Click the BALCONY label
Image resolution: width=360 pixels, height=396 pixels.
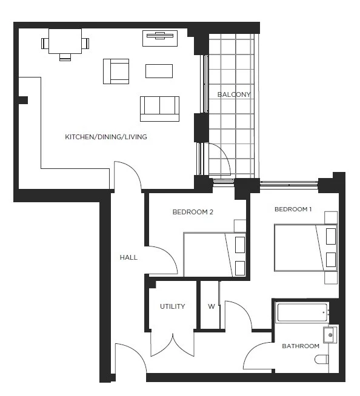[234, 94]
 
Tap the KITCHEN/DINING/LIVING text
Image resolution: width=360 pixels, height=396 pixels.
[106, 137]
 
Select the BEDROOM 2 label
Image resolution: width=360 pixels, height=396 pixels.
[193, 212]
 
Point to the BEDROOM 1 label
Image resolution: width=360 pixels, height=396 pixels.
[293, 210]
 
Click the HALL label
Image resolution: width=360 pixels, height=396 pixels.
[128, 257]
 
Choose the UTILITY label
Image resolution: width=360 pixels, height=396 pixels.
[173, 306]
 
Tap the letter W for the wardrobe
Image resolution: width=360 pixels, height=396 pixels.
[212, 306]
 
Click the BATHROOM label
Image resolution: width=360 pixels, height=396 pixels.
[301, 346]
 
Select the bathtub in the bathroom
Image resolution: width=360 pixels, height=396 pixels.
[302, 312]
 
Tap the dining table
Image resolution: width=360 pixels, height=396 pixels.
[65, 42]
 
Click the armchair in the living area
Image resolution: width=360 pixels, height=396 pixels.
[116, 71]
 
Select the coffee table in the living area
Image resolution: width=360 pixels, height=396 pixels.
[159, 71]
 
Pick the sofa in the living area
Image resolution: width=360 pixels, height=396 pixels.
[159, 108]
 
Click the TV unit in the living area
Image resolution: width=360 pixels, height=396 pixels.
[160, 38]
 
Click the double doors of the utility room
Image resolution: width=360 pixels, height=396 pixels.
[173, 345]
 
